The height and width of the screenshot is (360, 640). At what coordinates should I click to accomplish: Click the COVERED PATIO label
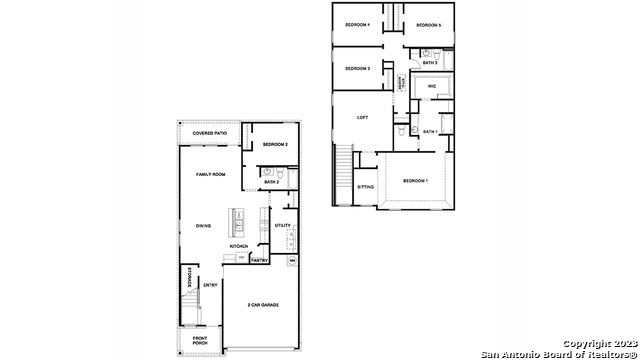click(210, 133)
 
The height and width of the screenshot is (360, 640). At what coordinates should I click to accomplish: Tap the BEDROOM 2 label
click(275, 145)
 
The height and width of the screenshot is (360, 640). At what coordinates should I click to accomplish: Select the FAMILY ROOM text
click(210, 174)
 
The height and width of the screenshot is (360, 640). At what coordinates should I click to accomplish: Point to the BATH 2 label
click(272, 182)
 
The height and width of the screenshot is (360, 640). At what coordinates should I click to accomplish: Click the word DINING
click(202, 225)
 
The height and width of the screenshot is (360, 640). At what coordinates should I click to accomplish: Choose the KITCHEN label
click(239, 246)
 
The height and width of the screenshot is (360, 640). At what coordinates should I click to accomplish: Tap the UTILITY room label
click(283, 225)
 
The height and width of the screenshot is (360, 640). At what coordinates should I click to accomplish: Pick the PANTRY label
click(259, 260)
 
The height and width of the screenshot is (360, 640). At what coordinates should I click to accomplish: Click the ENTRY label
click(210, 285)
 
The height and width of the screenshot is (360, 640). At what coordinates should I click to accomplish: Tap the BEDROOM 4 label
click(358, 24)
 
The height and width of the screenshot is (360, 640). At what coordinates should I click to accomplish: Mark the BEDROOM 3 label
click(358, 68)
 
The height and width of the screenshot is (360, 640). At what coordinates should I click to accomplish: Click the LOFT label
click(363, 117)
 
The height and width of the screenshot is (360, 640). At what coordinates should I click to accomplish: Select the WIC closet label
click(432, 87)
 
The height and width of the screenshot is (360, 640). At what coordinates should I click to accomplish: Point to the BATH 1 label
click(430, 131)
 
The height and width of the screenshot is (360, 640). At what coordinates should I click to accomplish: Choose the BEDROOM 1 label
click(415, 180)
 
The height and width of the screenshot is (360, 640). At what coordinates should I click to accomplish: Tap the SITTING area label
click(366, 187)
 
